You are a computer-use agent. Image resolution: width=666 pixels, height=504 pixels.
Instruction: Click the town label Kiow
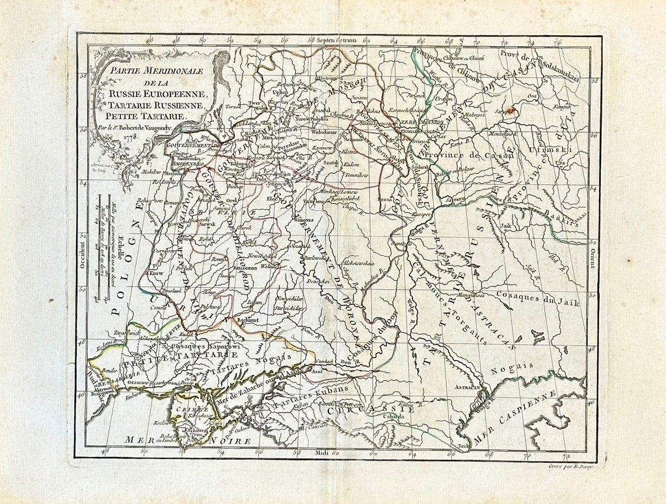pos(156,274)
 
